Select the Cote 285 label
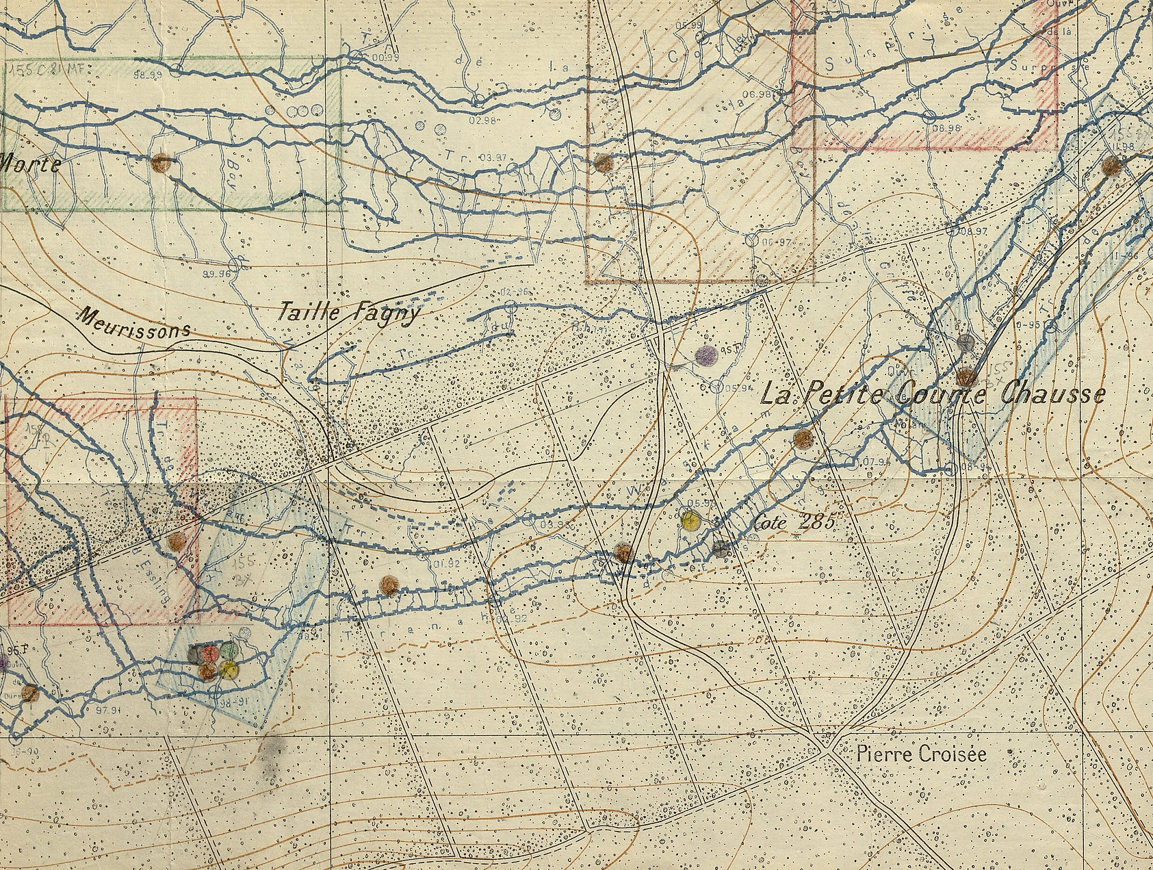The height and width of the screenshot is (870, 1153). (x=795, y=522)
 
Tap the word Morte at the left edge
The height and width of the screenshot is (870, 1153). (x=30, y=163)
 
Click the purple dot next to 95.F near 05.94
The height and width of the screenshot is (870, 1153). (x=705, y=354)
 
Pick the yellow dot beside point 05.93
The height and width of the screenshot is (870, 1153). (x=690, y=520)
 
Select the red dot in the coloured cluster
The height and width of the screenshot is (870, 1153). (x=210, y=654)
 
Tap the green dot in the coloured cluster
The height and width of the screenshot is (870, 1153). (x=229, y=650)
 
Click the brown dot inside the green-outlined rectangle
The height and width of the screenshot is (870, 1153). (x=161, y=163)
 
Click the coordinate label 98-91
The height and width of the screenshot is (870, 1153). (x=233, y=703)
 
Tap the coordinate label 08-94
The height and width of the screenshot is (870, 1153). (x=968, y=467)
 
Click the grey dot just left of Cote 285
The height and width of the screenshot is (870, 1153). (x=720, y=546)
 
